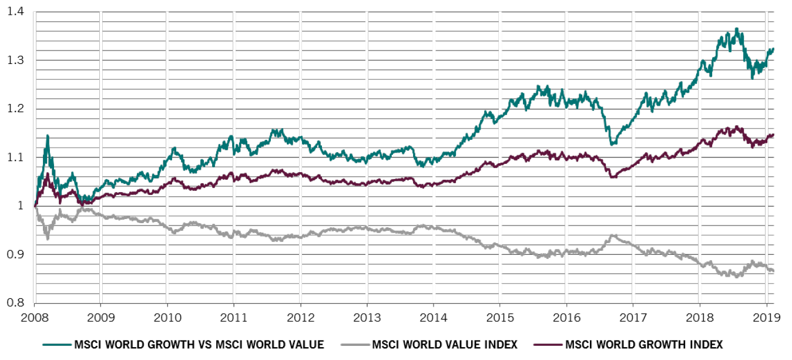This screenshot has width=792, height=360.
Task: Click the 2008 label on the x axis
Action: [35, 318]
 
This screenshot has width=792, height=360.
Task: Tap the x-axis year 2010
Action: [167, 318]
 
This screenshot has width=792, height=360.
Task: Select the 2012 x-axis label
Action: [300, 318]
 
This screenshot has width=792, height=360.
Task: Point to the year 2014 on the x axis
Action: [433, 318]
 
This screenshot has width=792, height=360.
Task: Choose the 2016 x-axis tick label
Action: [566, 318]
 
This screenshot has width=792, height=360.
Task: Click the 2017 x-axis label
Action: [633, 318]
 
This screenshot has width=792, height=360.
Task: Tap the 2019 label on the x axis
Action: [766, 318]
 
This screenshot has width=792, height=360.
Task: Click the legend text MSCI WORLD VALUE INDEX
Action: [444, 345]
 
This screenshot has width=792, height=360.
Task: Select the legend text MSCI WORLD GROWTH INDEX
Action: [643, 345]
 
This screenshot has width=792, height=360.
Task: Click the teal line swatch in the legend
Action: [56, 345]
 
